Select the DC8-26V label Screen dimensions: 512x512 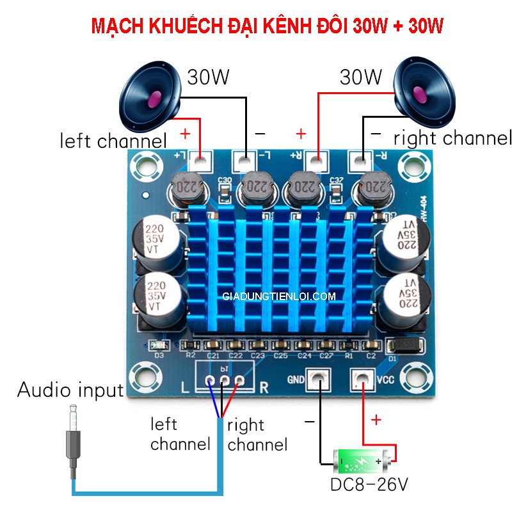369,484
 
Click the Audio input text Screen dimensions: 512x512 70,389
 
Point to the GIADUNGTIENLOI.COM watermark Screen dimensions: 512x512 279,297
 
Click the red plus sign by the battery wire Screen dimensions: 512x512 376,420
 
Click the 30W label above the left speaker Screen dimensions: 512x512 208,77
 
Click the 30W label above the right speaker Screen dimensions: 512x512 361,77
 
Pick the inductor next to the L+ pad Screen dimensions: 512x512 187,188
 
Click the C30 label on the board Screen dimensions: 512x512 224,180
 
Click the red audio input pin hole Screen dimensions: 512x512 239,381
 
